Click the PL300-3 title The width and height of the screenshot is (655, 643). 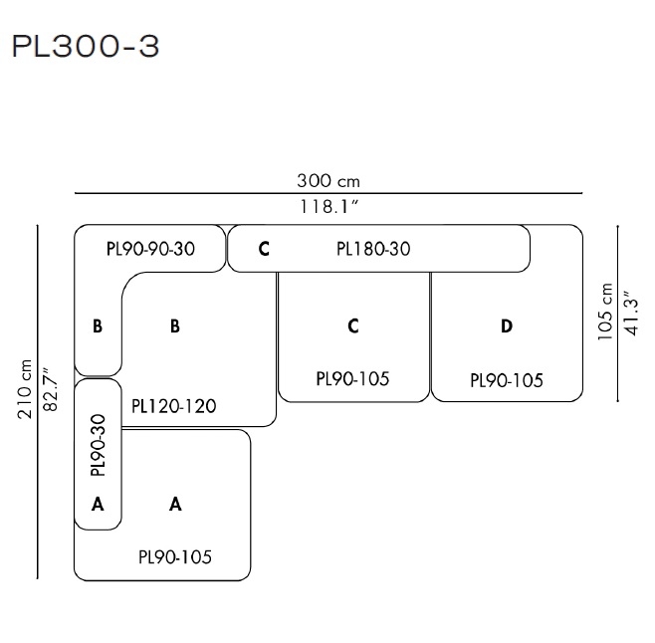coord(85,47)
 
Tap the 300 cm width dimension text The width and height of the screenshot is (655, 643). coord(327,181)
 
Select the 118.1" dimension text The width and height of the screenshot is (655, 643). coord(327,207)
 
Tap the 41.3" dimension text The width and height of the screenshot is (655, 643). coord(630,313)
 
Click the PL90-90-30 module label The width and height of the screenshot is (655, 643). coord(149,249)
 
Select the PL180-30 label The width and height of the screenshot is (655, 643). coord(373,249)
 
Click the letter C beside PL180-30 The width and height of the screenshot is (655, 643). coord(264,249)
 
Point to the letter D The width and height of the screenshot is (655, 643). coord(507,325)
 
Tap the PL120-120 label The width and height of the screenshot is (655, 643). coord(173,405)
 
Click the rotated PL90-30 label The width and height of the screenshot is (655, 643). coord(98,443)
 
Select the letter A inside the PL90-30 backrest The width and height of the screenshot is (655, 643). coord(98,504)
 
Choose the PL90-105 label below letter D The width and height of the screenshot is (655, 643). coord(507,379)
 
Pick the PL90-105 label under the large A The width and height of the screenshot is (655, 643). coord(175,556)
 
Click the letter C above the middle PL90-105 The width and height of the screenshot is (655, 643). coord(353,325)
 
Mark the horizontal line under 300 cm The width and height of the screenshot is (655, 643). coord(327,194)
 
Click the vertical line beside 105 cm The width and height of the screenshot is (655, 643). coord(619,313)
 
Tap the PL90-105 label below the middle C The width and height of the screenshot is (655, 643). coord(352,378)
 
